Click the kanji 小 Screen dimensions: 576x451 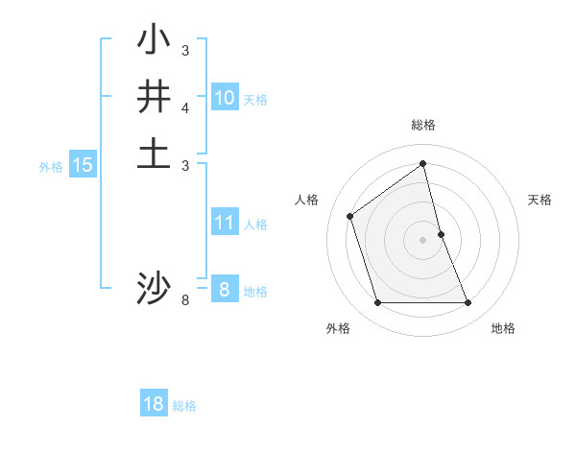pos(154,41)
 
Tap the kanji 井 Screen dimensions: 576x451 pos(154,97)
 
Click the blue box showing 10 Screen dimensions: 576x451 pos(225,98)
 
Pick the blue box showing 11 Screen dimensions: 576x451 pos(225,224)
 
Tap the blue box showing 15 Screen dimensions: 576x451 pos(83,165)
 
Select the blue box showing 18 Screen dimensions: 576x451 pos(154,404)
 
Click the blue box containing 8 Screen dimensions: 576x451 pos(224,290)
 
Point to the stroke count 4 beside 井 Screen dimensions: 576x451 pos(185,107)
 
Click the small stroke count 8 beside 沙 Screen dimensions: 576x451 pos(185,300)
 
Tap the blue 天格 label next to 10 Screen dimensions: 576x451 pos(255,99)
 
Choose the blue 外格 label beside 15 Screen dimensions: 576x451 pos(51,166)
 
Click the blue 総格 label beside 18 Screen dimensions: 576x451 pos(184,405)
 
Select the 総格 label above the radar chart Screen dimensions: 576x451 pos(423,125)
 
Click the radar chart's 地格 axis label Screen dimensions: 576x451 pos(503,328)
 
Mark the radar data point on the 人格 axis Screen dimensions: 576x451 pos(350,216)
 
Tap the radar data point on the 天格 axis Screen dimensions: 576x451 pos(441,234)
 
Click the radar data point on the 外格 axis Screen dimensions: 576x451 pos(377,303)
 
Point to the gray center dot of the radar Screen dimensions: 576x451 pos(423,240)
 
